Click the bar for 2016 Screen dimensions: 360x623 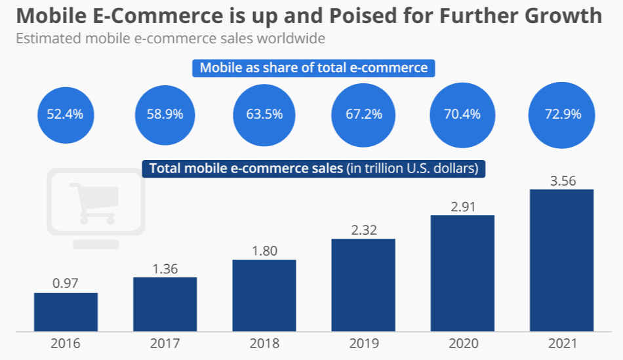pos(66,312)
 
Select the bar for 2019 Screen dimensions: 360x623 pos(363,285)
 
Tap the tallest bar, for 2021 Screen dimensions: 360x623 pos(561,260)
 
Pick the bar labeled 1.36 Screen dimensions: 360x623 pos(165,304)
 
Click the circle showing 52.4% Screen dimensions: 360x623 pos(65,114)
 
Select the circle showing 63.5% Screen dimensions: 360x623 pos(264,114)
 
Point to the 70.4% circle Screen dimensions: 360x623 pos(462,114)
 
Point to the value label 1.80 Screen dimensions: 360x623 pos(264,250)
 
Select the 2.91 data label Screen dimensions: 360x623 pos(462,207)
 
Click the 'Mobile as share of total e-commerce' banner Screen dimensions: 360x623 pos(313,68)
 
